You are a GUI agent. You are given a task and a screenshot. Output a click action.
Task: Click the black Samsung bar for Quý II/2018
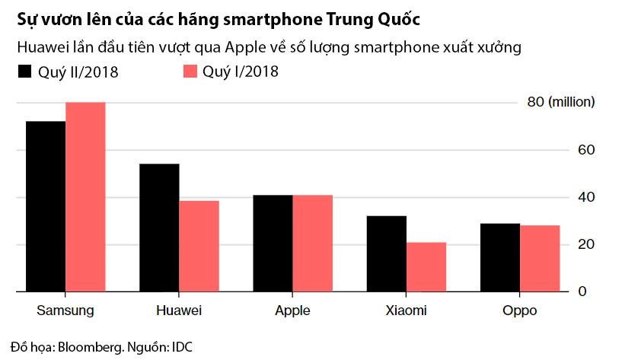(x=45, y=206)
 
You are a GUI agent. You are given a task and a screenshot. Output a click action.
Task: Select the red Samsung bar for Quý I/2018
(x=85, y=197)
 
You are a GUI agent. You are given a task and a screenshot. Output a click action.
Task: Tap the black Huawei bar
(x=159, y=228)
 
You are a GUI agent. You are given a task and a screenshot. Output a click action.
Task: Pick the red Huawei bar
(x=199, y=246)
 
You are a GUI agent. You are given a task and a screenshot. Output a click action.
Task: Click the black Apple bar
(x=273, y=244)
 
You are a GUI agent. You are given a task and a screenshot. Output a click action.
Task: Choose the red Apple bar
(x=312, y=244)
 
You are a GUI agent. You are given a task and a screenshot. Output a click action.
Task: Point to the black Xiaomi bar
(x=386, y=254)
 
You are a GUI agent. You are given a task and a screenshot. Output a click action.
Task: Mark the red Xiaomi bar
(x=426, y=267)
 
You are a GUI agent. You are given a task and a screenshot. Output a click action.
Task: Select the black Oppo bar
(x=499, y=258)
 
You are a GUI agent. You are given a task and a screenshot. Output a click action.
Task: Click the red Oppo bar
(x=539, y=259)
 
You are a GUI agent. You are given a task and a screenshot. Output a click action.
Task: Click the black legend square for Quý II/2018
(x=24, y=72)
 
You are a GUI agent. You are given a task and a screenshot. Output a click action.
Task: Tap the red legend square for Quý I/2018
(x=190, y=72)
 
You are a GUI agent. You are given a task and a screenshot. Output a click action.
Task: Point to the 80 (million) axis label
(x=562, y=102)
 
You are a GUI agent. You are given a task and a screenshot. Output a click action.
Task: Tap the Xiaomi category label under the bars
(x=405, y=311)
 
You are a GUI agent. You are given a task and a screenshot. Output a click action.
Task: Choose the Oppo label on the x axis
(x=519, y=311)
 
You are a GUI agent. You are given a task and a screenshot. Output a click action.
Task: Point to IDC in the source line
(x=180, y=347)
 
